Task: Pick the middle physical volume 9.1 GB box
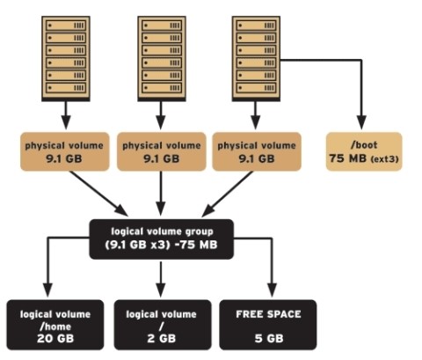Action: coord(162,151)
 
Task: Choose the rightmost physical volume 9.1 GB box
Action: coord(256,151)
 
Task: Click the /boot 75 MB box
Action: coord(363,151)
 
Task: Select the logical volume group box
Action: coord(161,238)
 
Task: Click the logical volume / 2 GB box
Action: coord(162,324)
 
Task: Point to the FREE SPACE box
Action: coord(269,324)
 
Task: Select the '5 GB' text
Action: coord(269,336)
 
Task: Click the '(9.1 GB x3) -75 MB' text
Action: coord(161,244)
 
